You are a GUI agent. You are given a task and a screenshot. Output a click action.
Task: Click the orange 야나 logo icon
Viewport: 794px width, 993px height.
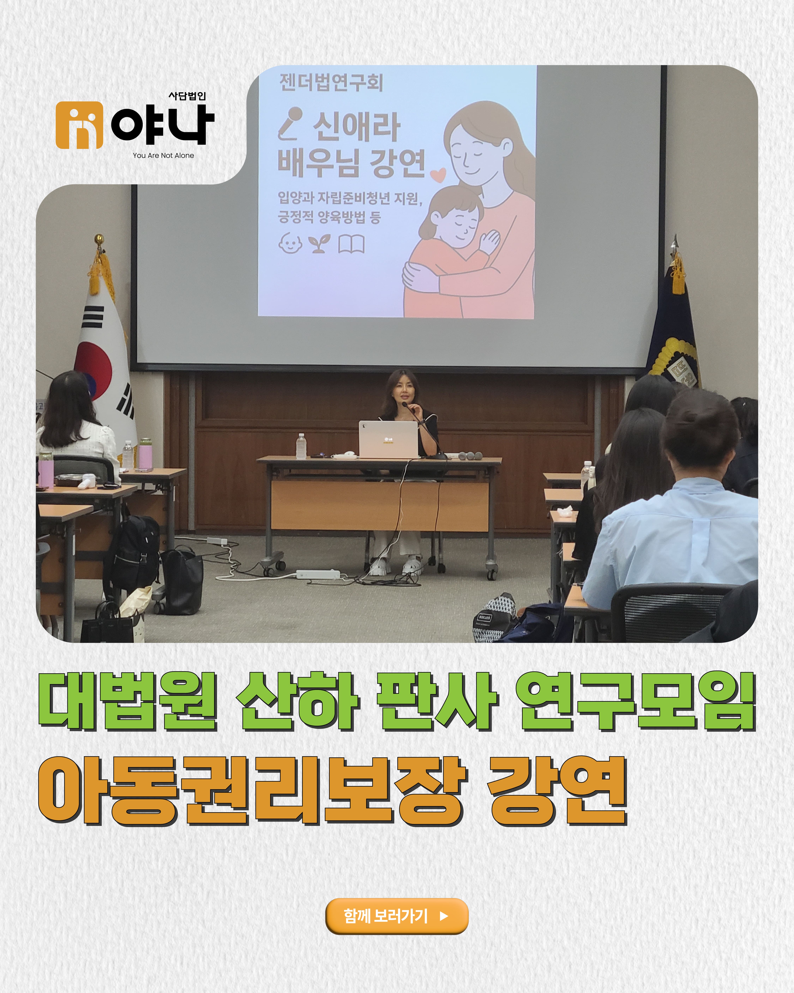point(79,125)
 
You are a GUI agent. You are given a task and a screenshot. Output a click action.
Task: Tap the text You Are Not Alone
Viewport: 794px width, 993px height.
point(163,156)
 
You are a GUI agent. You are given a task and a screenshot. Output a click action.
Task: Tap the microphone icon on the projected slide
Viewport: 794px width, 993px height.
point(290,123)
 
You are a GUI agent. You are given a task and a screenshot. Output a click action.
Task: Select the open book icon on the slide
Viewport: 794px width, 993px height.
point(351,244)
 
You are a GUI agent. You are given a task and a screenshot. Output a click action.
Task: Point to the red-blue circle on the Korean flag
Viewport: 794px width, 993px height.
point(94,368)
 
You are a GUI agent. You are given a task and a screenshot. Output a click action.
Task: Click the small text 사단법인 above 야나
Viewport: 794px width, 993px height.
point(187,96)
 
